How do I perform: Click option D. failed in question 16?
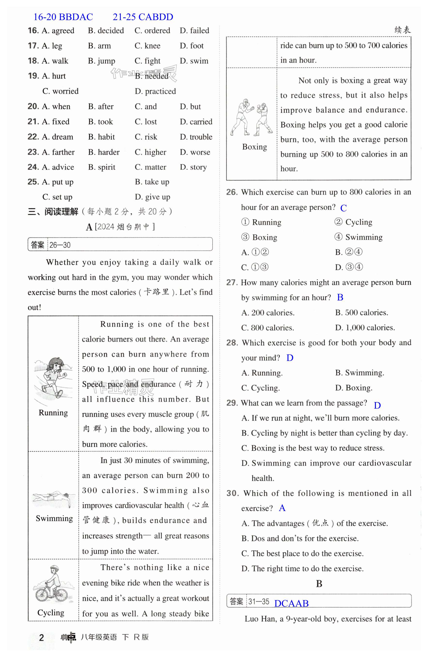(194, 31)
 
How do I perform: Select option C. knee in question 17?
(147, 46)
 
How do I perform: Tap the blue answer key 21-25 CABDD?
(143, 17)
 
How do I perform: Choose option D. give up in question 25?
(153, 197)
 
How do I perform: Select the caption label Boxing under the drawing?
(254, 147)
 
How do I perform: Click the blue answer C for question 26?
(343, 208)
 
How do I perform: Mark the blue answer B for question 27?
(340, 298)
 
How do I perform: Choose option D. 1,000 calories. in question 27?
(365, 328)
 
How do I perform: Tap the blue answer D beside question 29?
(377, 405)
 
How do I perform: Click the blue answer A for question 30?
(282, 508)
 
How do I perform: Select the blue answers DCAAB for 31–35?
(291, 604)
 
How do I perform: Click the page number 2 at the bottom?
(41, 638)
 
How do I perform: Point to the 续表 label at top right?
(402, 30)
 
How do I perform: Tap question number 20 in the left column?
(33, 107)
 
